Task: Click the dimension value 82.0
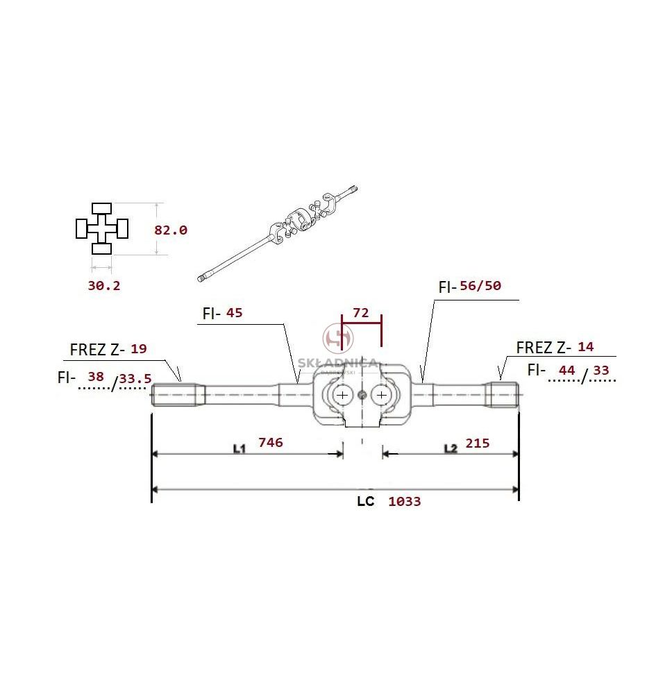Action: pos(171,230)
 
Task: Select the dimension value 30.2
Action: pos(104,285)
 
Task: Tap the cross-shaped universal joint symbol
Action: pos(102,228)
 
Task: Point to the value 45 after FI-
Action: pos(234,313)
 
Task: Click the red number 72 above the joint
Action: pos(361,313)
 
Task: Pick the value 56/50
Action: pos(480,285)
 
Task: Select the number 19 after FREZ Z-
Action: pos(139,349)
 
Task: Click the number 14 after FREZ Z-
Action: pos(586,347)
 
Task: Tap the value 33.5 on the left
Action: pos(135,379)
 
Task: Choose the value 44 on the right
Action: pos(566,370)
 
